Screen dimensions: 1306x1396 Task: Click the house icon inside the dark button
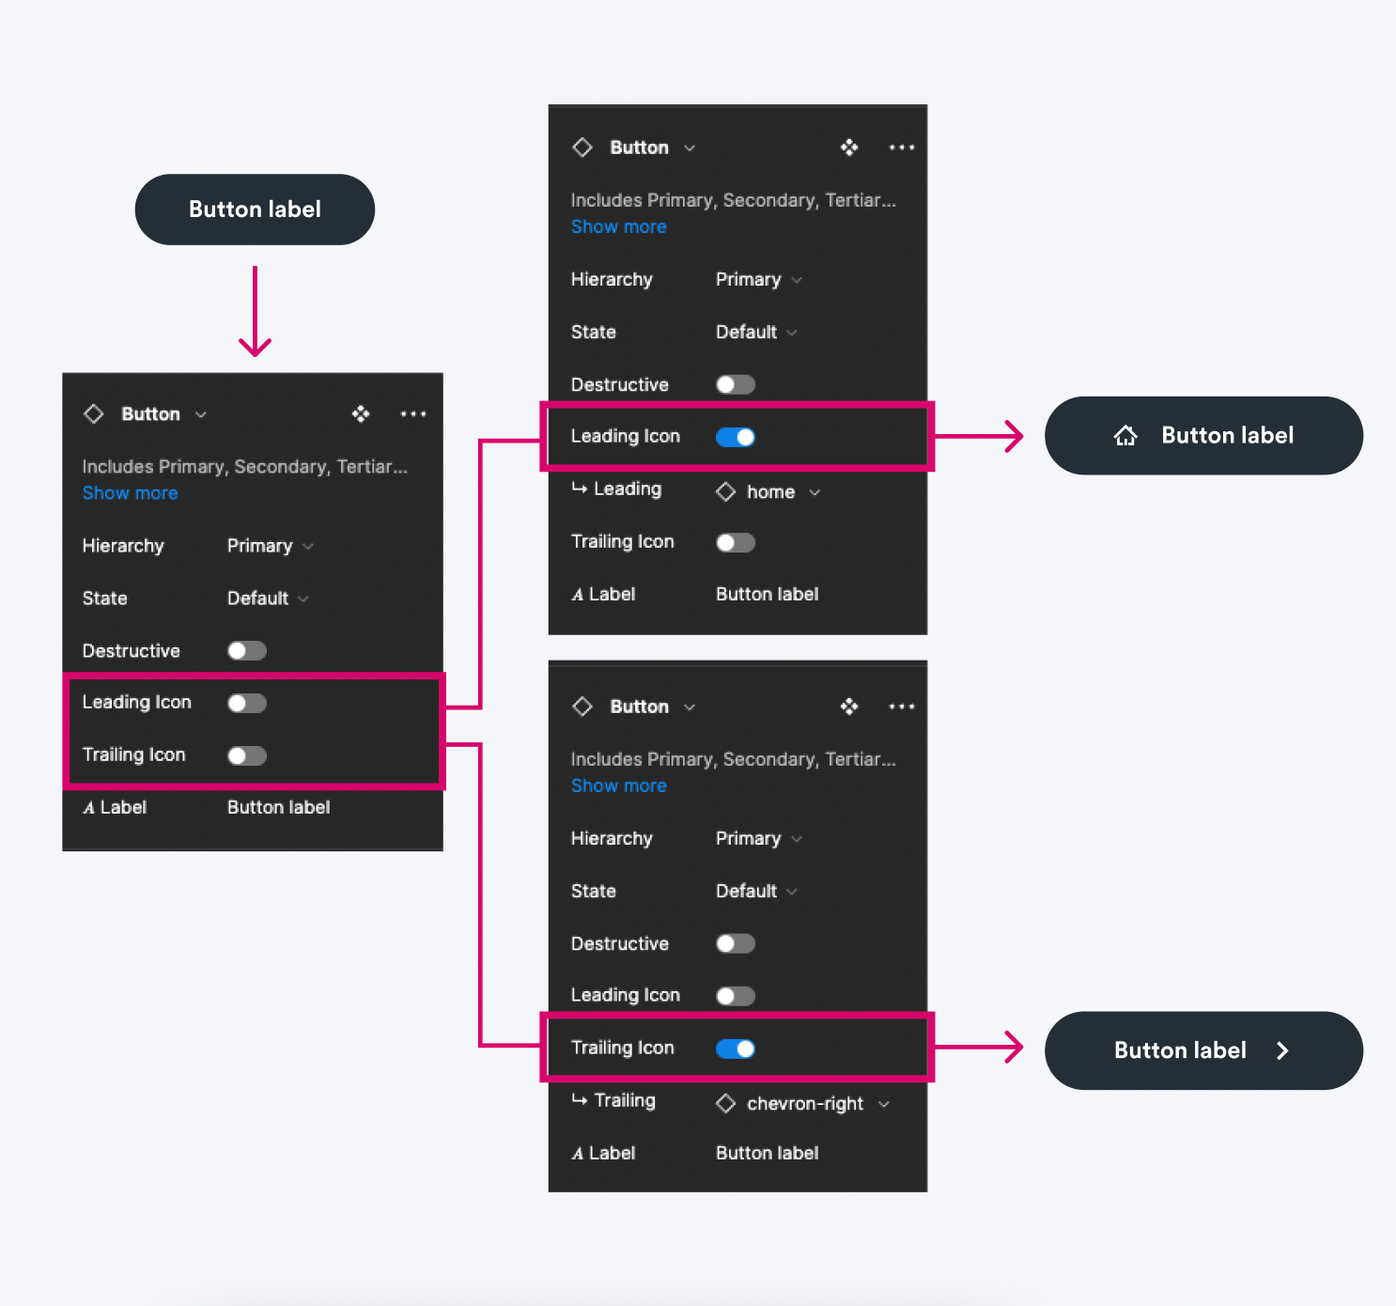tap(1125, 435)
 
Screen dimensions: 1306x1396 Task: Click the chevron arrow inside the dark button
tap(1282, 1050)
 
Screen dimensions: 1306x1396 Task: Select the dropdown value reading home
tap(770, 491)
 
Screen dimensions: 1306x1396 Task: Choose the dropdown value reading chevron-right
tap(805, 1103)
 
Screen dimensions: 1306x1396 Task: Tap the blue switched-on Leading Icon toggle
tap(736, 437)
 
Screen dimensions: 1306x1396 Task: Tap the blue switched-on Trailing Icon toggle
tap(736, 1049)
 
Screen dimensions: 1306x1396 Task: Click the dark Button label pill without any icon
tap(255, 210)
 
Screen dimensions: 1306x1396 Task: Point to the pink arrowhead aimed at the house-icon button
tap(1015, 436)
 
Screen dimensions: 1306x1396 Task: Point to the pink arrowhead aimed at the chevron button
tap(1015, 1047)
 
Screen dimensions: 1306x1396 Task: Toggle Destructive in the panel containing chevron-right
tap(736, 943)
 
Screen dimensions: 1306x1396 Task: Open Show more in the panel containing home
tap(618, 226)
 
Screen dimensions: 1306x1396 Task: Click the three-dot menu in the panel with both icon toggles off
tap(413, 413)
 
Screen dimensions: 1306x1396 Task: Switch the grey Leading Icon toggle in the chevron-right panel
tap(736, 996)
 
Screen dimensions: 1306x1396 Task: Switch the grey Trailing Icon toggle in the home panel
tap(736, 542)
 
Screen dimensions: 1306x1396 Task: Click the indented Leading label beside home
tap(627, 489)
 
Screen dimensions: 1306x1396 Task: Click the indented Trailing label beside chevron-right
tap(624, 1100)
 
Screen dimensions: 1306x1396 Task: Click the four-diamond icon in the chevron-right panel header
tap(849, 707)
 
